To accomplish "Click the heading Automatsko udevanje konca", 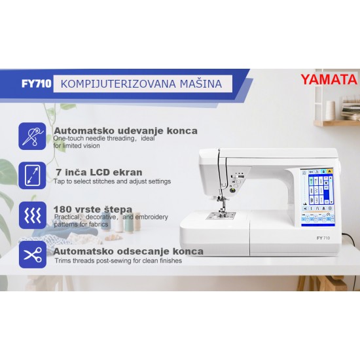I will tap(125, 130).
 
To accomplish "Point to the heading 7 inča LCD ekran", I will tap(98, 172).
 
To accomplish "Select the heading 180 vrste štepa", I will tap(92, 209).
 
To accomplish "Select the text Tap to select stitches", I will tap(85, 181).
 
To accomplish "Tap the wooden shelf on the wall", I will tap(335, 122).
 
